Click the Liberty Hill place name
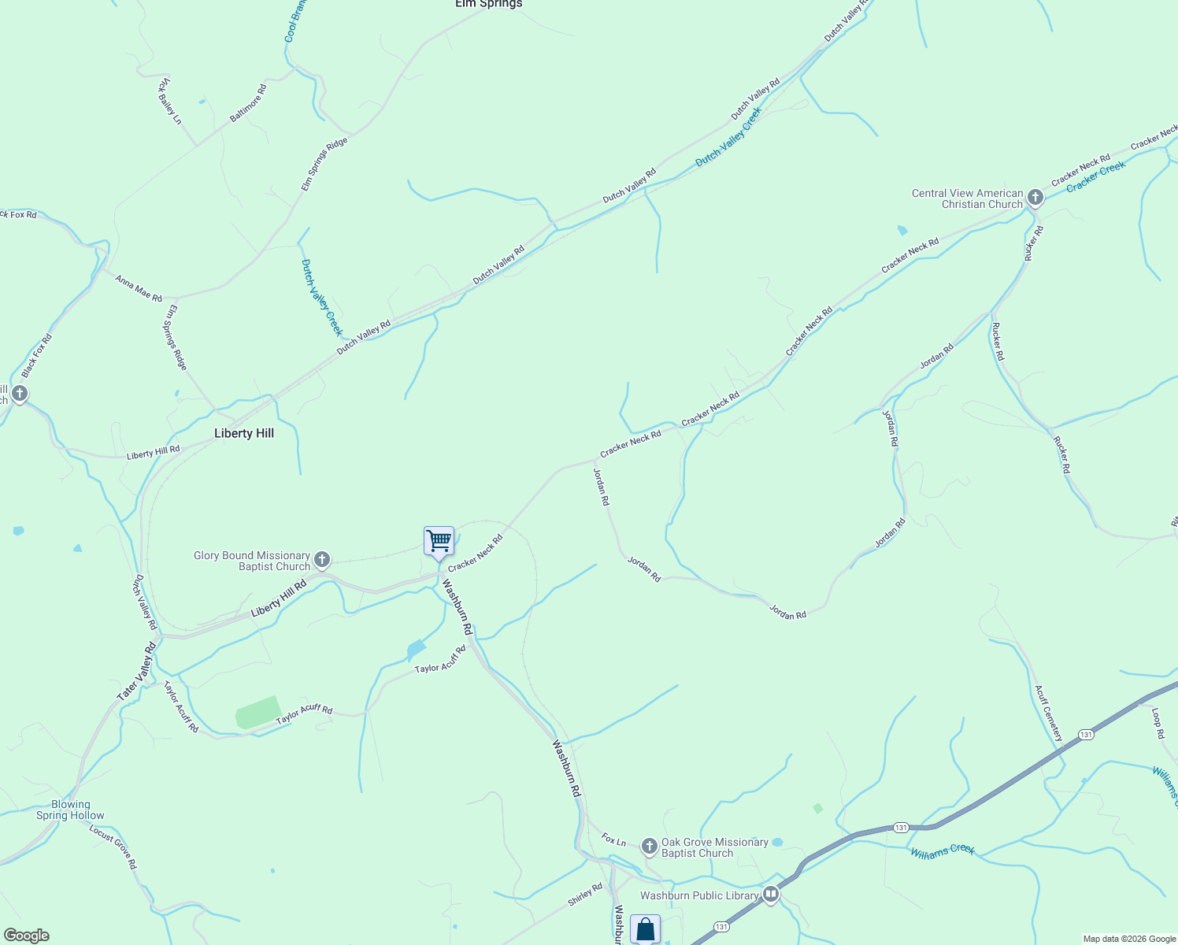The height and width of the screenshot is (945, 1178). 244,433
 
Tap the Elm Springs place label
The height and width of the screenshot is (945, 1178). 488,4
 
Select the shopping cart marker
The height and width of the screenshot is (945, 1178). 439,541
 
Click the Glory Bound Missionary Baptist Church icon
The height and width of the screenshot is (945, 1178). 321,560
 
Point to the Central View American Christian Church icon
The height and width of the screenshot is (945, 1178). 1035,198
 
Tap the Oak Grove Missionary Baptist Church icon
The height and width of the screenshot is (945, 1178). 649,847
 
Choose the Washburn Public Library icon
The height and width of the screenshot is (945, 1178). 771,894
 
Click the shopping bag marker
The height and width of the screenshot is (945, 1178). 645,929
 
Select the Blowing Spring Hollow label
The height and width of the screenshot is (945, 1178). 70,810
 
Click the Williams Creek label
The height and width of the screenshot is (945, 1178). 943,851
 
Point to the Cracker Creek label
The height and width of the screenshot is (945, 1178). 1096,177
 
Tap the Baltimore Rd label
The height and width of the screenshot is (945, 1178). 248,103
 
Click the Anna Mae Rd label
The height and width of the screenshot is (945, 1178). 139,288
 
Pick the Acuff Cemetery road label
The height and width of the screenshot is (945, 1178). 1049,713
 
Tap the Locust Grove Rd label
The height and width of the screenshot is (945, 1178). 113,847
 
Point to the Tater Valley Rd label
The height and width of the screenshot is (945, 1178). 137,672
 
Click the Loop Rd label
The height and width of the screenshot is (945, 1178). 1158,723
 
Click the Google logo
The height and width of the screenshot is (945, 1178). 26,936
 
